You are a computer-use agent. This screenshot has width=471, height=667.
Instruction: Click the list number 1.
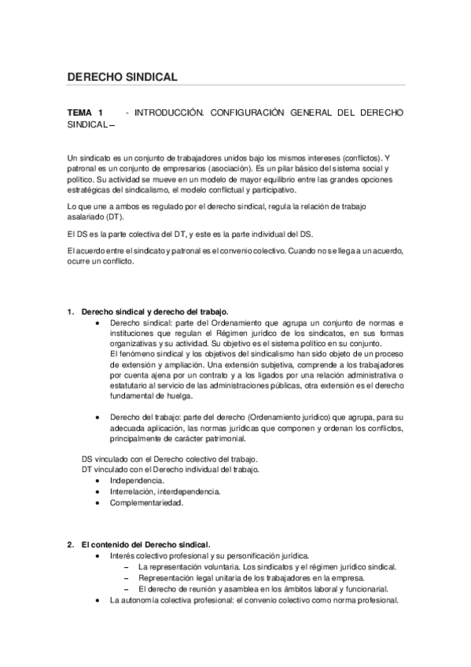point(71,311)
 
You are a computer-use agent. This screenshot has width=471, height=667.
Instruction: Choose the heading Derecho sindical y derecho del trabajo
point(149,311)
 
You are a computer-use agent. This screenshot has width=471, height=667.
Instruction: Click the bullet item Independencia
point(137,480)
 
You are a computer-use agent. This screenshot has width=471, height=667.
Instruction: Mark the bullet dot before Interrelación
point(97,491)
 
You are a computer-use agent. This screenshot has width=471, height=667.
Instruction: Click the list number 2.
point(71,544)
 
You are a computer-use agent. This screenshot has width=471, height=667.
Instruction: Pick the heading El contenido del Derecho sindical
point(145,544)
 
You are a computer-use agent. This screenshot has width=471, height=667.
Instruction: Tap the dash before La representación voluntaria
point(128,566)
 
